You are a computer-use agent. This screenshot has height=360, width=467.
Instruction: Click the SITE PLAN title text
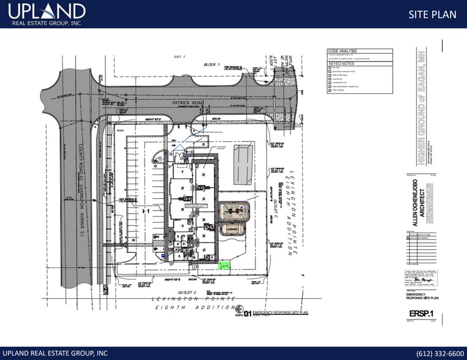pos(432,14)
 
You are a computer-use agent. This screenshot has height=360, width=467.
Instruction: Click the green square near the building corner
pos(224,266)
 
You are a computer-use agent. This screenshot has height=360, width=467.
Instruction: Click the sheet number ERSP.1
pos(418,314)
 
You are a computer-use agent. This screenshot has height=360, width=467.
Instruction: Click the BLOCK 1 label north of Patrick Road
pos(211,64)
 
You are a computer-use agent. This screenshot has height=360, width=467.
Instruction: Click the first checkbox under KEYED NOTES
pos(330,69)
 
